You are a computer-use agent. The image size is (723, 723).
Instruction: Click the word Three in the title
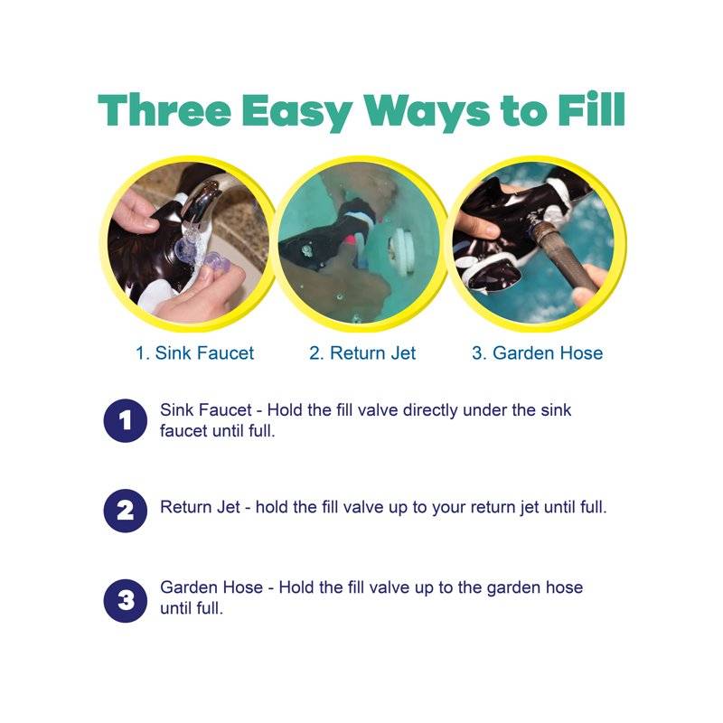[x=164, y=110]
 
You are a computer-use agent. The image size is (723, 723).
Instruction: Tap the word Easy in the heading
[x=297, y=113]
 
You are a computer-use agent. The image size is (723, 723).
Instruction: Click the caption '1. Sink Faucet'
[x=194, y=353]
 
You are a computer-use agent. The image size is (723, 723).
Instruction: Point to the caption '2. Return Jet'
[x=362, y=353]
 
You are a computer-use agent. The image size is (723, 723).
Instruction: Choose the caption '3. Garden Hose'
[x=537, y=353]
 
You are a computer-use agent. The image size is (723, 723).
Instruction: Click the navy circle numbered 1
[x=125, y=420]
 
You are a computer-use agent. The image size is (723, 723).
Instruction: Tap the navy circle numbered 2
[x=125, y=511]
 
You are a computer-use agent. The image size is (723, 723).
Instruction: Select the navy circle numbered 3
[x=125, y=601]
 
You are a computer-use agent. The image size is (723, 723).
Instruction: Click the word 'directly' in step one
[x=430, y=410]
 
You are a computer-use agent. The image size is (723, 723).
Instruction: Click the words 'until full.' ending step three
[x=192, y=608]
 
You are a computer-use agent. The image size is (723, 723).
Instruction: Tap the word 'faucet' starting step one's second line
[x=183, y=431]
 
